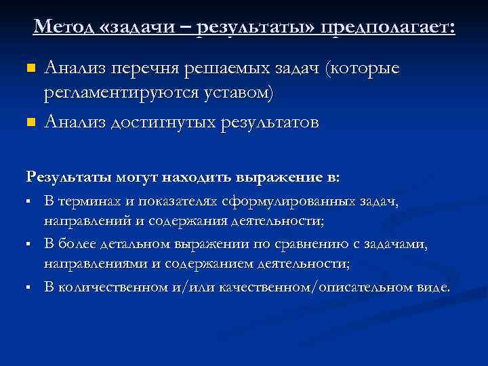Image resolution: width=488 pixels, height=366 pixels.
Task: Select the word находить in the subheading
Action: [195, 178]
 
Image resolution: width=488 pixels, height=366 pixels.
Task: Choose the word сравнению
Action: [294, 243]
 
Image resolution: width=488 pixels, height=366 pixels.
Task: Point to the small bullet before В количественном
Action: [30, 287]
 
